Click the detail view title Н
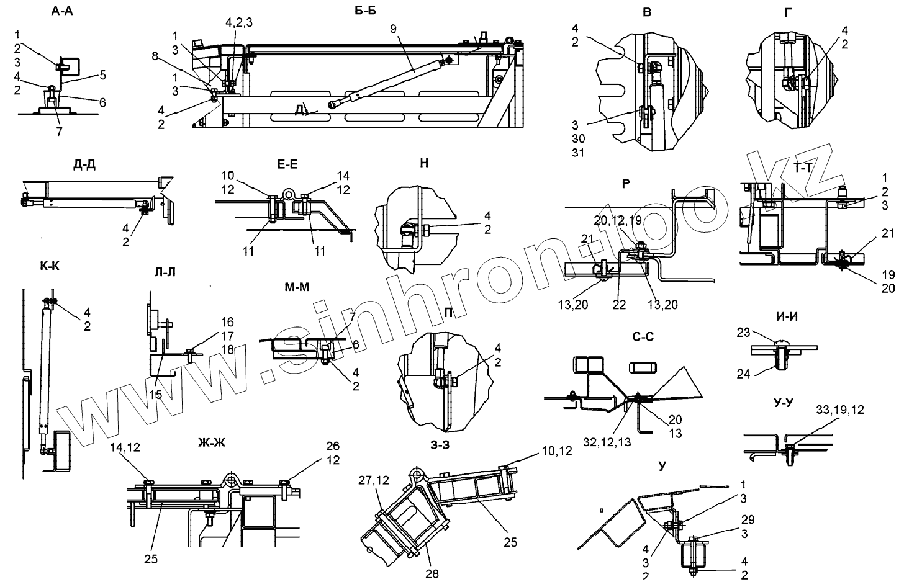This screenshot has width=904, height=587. point(424,164)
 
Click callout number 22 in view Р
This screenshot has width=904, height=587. point(619,304)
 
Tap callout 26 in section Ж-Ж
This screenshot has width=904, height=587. point(333,446)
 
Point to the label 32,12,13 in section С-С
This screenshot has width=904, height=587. point(609,442)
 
